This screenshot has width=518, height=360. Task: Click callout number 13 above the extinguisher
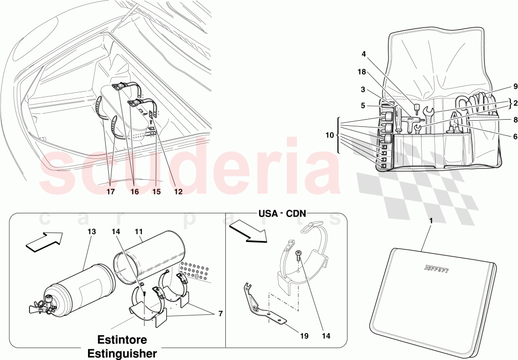click(x=92, y=232)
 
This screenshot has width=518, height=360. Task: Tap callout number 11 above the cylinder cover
click(x=139, y=232)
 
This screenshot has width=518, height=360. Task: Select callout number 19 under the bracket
click(x=304, y=336)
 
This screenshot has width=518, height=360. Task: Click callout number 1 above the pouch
click(x=431, y=221)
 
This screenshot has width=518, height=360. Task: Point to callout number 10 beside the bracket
click(x=329, y=135)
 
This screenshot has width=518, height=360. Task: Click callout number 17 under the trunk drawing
click(x=110, y=192)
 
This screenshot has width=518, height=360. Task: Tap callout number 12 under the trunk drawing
click(x=178, y=192)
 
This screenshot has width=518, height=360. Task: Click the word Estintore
click(x=122, y=339)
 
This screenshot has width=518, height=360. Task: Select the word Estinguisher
click(x=122, y=353)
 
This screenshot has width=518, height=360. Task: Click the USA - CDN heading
click(x=282, y=214)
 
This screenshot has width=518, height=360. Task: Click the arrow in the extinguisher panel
click(x=44, y=242)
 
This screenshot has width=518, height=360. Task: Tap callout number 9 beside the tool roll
click(x=515, y=87)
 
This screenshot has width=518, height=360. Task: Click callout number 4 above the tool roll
click(x=364, y=53)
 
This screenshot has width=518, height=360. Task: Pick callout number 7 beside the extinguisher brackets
click(x=220, y=314)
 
